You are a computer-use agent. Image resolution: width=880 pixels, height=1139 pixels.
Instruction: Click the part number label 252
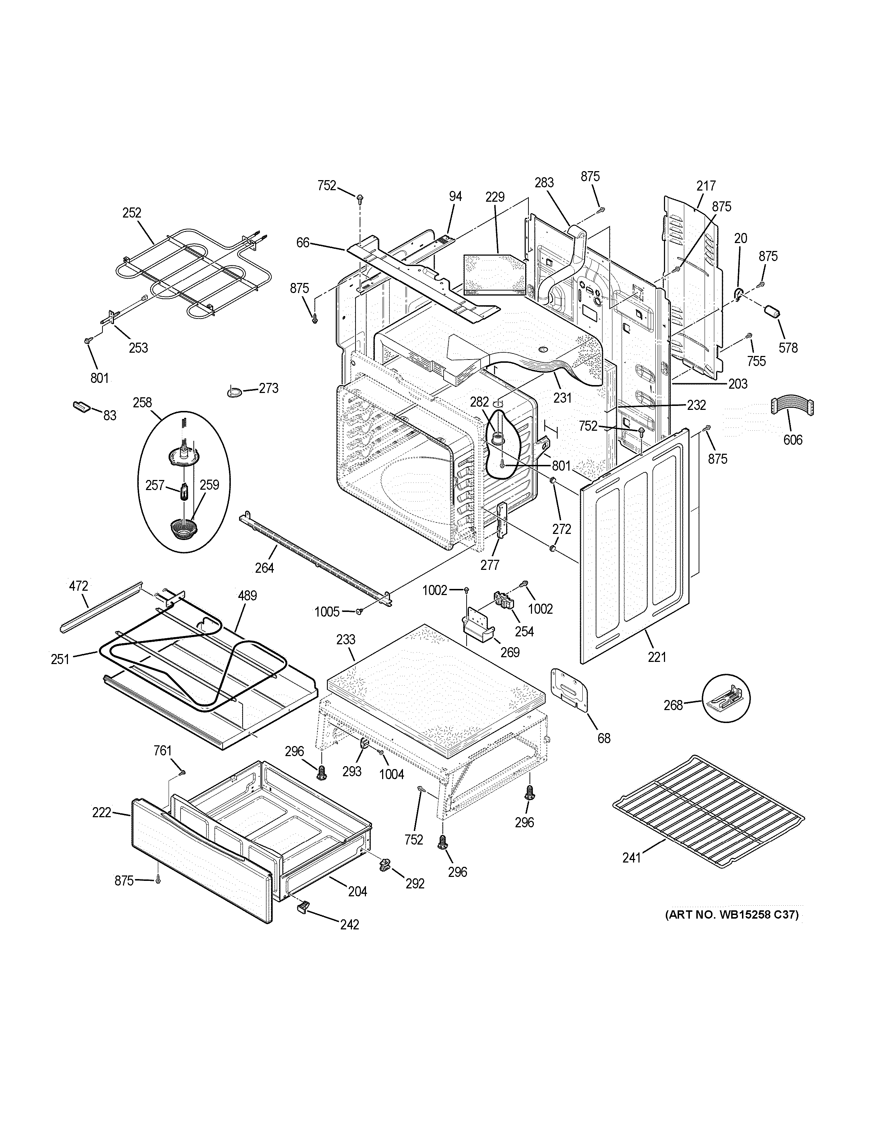132,213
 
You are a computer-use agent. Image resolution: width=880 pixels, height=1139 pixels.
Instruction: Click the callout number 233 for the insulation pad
346,639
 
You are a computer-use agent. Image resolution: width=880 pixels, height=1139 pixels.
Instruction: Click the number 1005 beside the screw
327,611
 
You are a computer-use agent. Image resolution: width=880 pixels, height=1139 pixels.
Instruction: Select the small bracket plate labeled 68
569,690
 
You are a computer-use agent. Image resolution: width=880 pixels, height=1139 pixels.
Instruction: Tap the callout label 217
706,186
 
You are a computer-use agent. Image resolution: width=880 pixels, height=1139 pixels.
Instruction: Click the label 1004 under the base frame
391,774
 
